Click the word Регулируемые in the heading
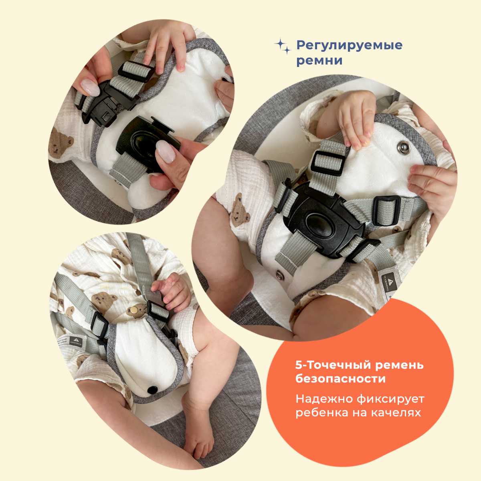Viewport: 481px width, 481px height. click(x=349, y=45)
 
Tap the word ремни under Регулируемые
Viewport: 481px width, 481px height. click(x=319, y=61)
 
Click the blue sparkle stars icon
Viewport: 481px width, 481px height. click(x=283, y=46)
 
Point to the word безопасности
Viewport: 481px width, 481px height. click(x=340, y=378)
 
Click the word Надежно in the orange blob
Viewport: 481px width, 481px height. click(x=324, y=399)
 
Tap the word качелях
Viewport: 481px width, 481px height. click(x=396, y=413)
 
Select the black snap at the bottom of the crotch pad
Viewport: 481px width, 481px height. click(x=152, y=390)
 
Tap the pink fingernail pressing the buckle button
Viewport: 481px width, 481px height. click(x=166, y=151)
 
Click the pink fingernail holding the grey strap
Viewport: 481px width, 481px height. click(x=90, y=87)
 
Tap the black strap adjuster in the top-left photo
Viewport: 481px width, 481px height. click(x=136, y=70)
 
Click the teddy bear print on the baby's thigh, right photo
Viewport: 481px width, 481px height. click(x=240, y=210)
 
